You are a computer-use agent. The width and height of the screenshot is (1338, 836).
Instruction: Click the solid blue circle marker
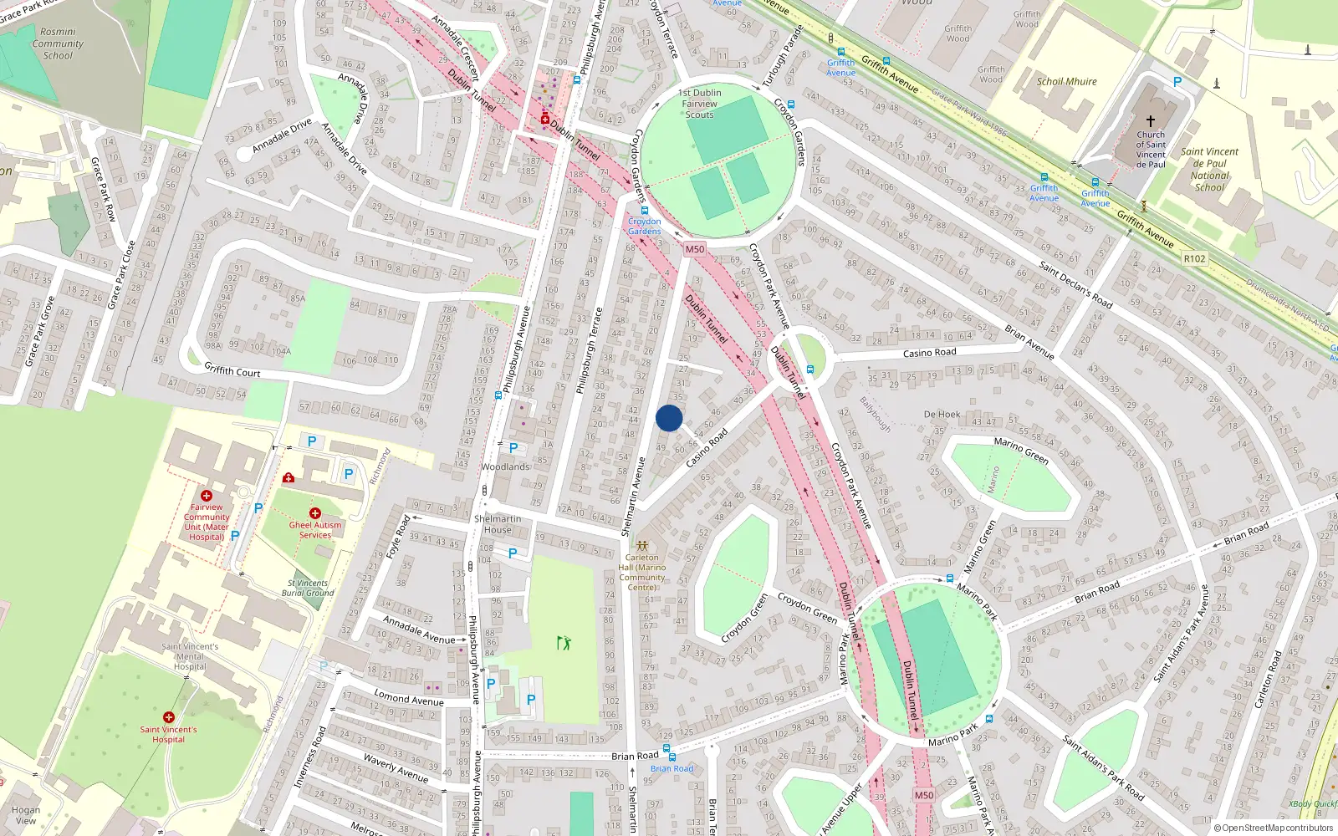[669, 418]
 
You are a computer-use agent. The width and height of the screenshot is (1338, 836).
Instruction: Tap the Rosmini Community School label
[58, 43]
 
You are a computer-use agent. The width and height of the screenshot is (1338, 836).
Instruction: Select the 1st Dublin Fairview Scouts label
[700, 104]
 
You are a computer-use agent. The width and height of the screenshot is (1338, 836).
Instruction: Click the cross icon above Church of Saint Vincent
[1151, 121]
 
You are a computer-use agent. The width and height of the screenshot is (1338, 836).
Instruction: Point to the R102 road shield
[1195, 258]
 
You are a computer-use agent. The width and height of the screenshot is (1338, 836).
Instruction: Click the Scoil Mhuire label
[1066, 81]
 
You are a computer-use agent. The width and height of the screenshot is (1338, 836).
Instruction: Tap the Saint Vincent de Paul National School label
[1209, 170]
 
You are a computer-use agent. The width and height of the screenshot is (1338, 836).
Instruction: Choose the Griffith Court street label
[232, 369]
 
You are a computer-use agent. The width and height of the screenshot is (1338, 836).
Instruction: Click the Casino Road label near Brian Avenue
[928, 353]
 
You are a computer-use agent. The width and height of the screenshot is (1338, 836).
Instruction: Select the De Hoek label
[942, 414]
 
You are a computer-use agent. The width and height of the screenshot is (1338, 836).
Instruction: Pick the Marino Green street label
[1021, 451]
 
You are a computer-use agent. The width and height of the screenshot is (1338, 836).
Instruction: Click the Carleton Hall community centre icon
[642, 545]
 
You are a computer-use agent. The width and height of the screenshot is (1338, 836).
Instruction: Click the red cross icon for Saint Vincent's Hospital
[169, 717]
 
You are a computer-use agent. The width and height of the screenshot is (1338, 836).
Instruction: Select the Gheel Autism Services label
[315, 530]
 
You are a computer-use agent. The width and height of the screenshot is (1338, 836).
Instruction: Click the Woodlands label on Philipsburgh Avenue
[505, 466]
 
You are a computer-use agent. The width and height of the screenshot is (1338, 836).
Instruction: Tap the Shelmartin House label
[498, 524]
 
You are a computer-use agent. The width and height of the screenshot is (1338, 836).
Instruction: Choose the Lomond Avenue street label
[409, 698]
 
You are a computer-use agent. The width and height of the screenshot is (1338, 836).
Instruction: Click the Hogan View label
[26, 815]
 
